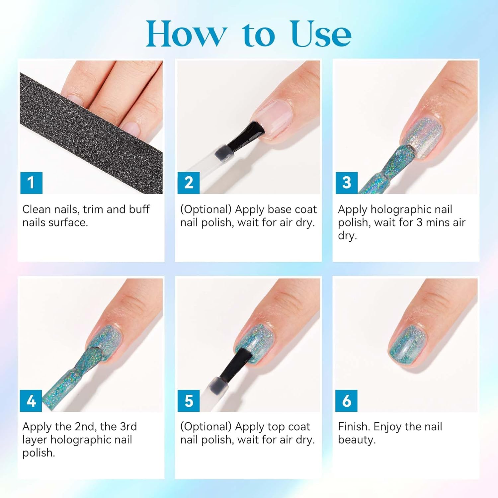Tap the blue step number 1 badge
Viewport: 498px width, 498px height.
31,183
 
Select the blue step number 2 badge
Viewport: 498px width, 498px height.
189,183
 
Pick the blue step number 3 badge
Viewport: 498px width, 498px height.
347,183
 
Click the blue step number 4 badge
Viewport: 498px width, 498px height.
31,401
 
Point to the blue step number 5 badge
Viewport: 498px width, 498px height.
189,401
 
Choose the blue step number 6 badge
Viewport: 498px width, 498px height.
347,401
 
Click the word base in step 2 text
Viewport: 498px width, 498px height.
280,209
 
